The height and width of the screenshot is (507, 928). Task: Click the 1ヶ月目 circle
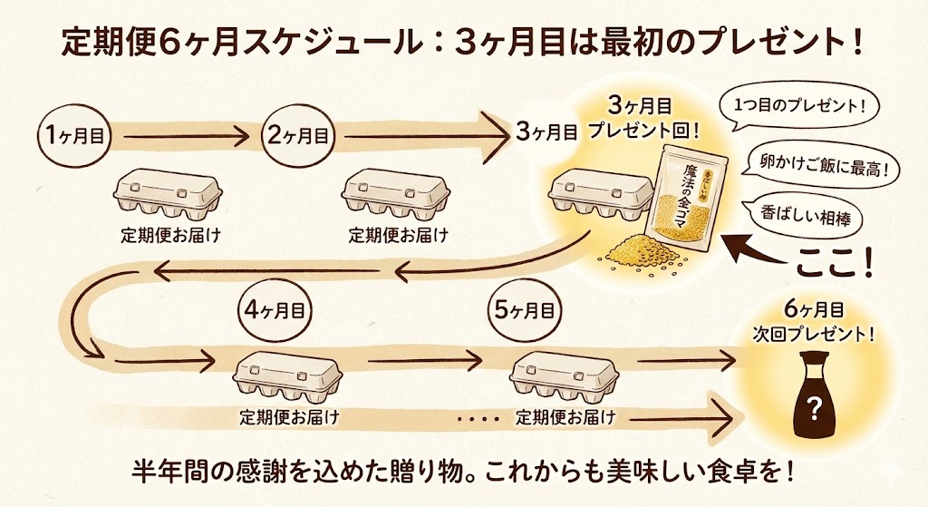point(74,136)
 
